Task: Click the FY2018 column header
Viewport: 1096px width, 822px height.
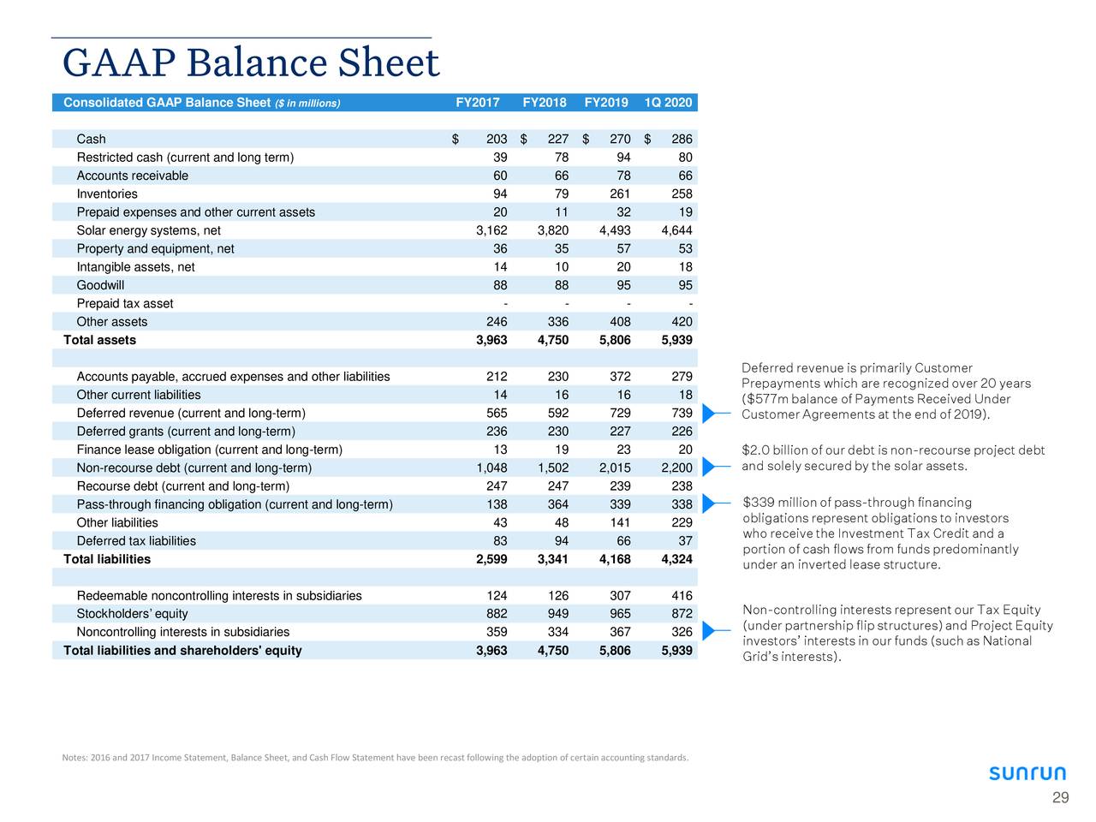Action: [544, 103]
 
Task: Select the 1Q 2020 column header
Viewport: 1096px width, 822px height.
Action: [668, 103]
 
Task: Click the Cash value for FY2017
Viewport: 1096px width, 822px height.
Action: [496, 140]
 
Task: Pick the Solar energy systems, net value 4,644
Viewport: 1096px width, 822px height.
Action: [676, 230]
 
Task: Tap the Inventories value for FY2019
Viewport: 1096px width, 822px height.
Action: [616, 194]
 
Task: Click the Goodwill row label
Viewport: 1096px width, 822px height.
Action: [100, 285]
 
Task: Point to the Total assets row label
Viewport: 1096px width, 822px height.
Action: [99, 340]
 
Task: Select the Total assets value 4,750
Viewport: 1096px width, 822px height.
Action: [552, 340]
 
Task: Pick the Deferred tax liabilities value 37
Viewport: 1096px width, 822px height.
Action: [684, 541]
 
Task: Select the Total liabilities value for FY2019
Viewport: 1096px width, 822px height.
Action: [614, 559]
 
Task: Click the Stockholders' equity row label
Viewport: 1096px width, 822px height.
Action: [132, 614]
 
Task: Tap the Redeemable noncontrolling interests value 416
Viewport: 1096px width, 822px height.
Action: [682, 596]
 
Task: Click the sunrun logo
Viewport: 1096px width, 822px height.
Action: [1027, 773]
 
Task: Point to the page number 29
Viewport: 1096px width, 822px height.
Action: [1060, 799]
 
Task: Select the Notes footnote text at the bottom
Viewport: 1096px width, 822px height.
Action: [375, 757]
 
